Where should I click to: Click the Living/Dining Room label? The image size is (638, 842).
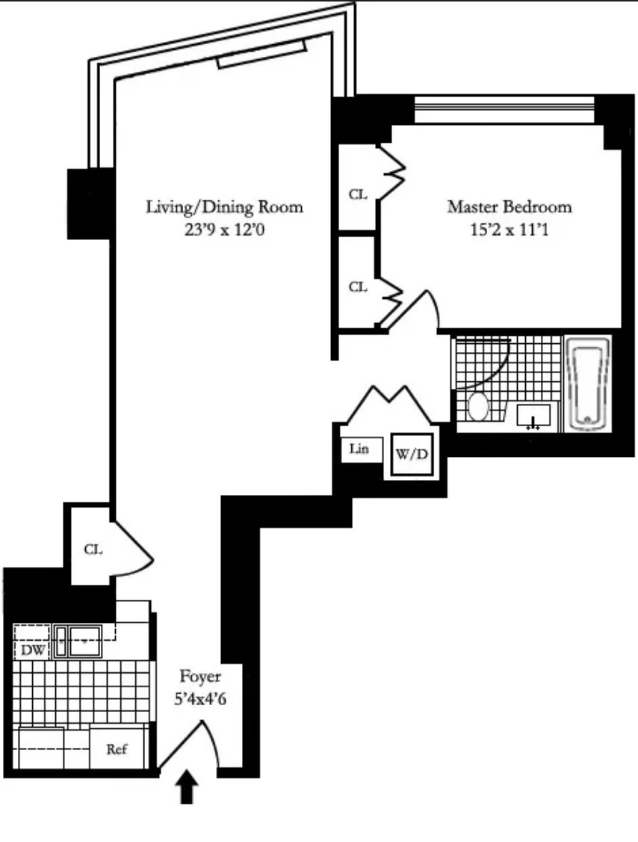(224, 206)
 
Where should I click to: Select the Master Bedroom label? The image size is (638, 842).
(509, 206)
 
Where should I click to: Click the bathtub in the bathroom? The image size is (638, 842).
(589, 383)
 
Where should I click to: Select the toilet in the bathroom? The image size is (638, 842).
(478, 408)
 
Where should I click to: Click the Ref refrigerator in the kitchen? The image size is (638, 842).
(116, 749)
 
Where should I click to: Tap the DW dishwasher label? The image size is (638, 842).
(31, 650)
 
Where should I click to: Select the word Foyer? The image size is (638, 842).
(200, 677)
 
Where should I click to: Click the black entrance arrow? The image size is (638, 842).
(187, 787)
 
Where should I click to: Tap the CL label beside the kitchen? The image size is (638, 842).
(93, 550)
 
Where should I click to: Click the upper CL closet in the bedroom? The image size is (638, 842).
(359, 194)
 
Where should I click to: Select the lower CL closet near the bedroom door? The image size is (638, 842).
(359, 286)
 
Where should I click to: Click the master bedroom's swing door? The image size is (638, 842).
(417, 307)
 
